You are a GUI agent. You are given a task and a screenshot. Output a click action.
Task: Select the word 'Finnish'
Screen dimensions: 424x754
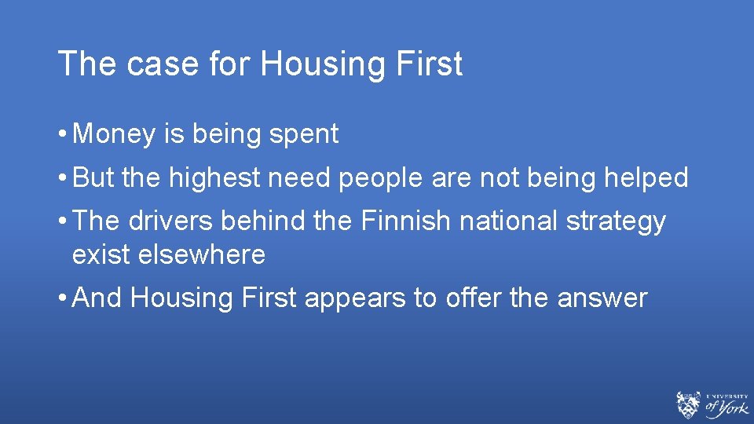coord(407,221)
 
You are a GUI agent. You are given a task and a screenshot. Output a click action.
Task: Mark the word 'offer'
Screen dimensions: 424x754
coord(474,298)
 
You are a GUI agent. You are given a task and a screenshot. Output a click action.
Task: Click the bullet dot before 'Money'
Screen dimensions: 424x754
coord(62,135)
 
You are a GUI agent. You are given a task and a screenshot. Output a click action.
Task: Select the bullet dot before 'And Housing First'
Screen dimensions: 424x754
coord(62,298)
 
